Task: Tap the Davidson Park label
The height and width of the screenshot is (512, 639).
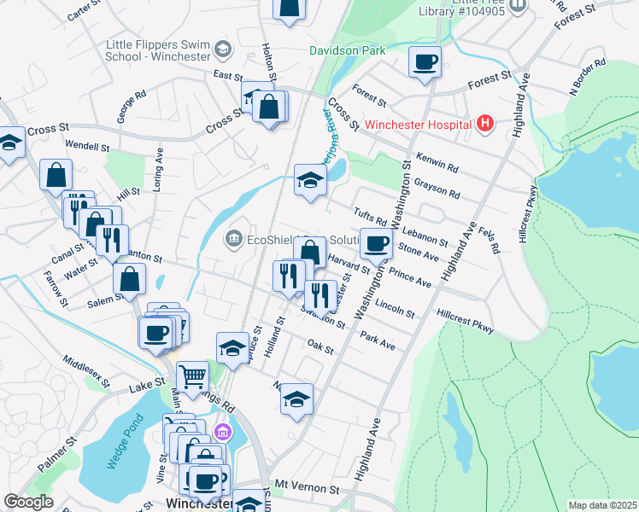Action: coord(346,50)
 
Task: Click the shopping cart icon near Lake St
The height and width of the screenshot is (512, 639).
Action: coord(192,375)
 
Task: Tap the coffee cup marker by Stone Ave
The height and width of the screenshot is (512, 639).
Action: coord(376,244)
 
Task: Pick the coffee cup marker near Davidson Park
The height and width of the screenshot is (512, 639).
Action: coord(425,61)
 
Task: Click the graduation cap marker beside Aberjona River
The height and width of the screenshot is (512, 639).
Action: coord(310,179)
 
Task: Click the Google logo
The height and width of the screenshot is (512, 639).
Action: coord(29,502)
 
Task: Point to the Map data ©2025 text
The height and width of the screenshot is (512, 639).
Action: coord(602,505)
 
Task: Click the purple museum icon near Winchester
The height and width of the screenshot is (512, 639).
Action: coord(223,433)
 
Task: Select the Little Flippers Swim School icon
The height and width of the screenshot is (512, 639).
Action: coord(223,49)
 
